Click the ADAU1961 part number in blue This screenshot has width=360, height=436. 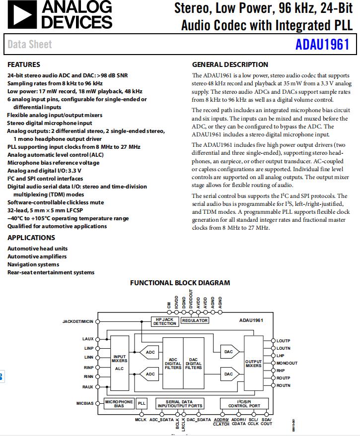(x=322, y=45)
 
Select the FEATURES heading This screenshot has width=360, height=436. (x=24, y=64)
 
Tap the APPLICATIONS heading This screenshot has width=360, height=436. (x=31, y=238)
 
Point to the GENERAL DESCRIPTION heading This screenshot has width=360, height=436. (x=230, y=64)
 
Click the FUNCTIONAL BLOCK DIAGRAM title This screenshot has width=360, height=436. (x=180, y=283)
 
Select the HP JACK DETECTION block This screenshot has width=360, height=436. (x=164, y=321)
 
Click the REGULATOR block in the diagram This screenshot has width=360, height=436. (x=195, y=320)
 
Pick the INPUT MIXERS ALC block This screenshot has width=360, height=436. (x=120, y=363)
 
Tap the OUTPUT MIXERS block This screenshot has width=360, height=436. (x=253, y=364)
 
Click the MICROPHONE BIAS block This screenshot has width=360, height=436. (x=119, y=404)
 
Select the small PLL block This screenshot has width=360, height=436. (x=142, y=404)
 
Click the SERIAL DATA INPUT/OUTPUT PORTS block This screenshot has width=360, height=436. (x=180, y=404)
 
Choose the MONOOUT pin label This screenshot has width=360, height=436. (x=287, y=363)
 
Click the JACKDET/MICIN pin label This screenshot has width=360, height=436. (x=77, y=321)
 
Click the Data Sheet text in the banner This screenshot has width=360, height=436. (x=30, y=45)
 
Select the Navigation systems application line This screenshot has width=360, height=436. (x=33, y=264)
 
